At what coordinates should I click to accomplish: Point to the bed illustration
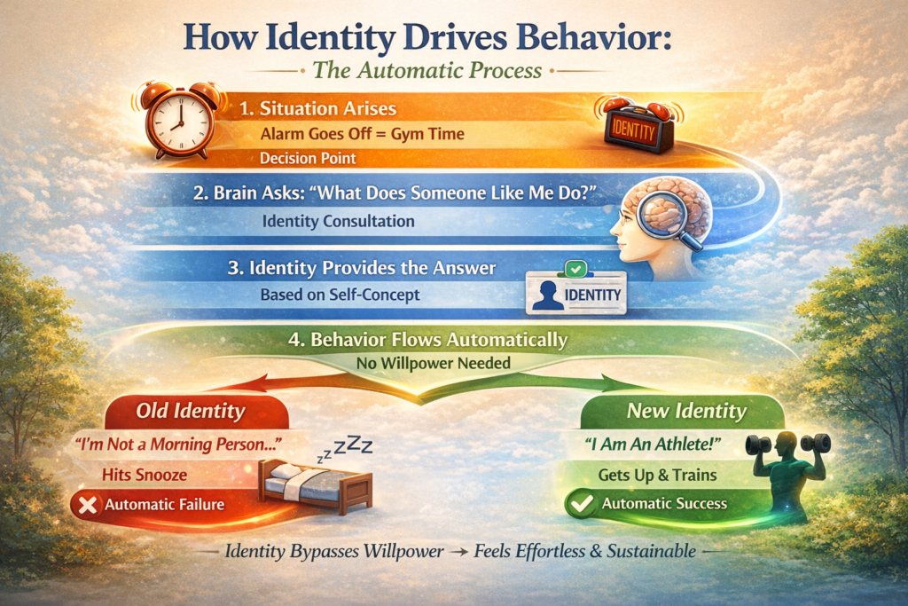[315, 485]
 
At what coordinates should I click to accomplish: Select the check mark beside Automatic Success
[582, 503]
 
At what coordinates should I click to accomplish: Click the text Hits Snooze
[145, 475]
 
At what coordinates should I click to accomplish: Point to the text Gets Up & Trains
[657, 475]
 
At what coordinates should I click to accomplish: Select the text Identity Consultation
[338, 221]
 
